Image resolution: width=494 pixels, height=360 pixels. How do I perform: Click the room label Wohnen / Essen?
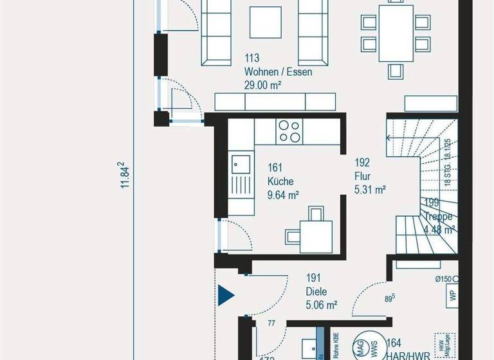[x=278, y=72]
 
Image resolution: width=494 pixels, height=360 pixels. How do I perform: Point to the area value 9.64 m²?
[x=284, y=194]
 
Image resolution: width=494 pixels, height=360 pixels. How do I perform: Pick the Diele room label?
[x=316, y=291]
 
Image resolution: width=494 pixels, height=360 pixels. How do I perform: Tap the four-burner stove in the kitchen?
[x=289, y=131]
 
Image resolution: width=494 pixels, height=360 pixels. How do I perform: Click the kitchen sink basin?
[x=240, y=164]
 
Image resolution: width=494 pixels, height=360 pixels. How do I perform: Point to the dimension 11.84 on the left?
[x=126, y=175]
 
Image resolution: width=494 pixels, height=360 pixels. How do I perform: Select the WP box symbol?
[x=452, y=296]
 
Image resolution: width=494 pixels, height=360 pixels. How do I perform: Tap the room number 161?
[x=275, y=168]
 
